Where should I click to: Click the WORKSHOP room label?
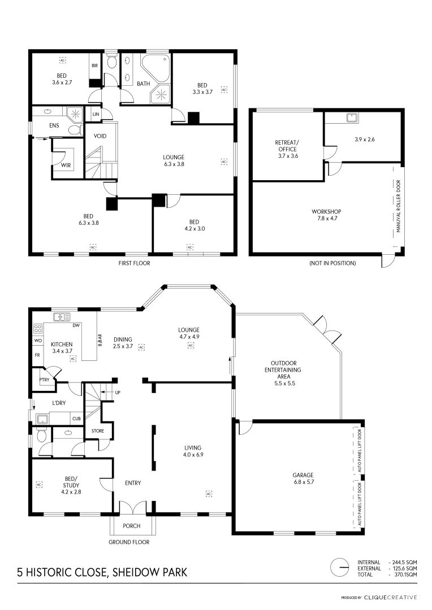coord(326,212)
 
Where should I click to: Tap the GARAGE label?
coord(303,475)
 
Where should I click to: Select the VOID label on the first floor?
coord(100,136)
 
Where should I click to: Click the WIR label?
coord(66,165)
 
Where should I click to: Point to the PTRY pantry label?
coord(45,380)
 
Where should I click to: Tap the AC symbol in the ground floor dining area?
coord(142,347)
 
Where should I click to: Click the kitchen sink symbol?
coord(62,317)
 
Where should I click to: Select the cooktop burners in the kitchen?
coord(38,329)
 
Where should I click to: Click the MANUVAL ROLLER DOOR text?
coord(399,206)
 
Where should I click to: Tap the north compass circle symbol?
coord(339,568)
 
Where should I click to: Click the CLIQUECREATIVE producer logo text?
coord(390,598)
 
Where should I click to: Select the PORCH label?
coord(132,526)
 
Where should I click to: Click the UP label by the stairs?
coord(118,393)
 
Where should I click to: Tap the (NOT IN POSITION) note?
coord(332,263)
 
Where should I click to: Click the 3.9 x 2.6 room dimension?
coord(365,140)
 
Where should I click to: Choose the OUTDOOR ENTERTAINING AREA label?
coord(283,373)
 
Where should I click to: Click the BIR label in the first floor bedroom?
coord(94,66)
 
